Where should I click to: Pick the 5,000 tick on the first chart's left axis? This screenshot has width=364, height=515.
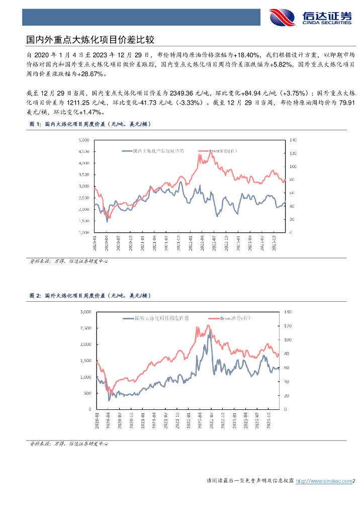(x=83, y=139)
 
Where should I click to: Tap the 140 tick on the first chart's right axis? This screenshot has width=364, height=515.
(x=294, y=139)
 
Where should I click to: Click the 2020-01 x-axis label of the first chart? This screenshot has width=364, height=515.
(x=95, y=243)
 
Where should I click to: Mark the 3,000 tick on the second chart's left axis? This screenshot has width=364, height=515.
(x=85, y=312)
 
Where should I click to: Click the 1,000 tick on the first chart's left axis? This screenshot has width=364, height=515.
(x=83, y=232)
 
